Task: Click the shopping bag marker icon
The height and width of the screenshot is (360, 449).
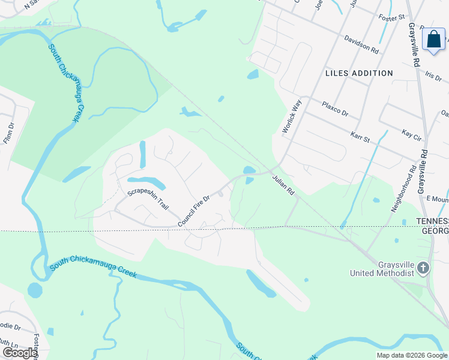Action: coord(433,40)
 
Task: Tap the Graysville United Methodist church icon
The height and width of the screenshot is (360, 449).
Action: coord(423,268)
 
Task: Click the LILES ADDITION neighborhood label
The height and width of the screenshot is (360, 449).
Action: coord(359,73)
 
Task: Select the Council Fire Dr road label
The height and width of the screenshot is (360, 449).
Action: coord(193,211)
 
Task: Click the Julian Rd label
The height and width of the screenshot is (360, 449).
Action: coord(284,185)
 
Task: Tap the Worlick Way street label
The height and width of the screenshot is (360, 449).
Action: coord(291,116)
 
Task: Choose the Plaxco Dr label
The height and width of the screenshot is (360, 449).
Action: coord(334,108)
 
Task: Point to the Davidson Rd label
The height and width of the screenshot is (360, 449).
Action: coord(361,44)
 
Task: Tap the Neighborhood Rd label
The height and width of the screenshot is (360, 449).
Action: coord(403,189)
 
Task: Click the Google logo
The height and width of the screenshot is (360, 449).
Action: coord(20,353)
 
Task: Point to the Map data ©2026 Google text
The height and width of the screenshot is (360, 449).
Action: coord(411,355)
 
